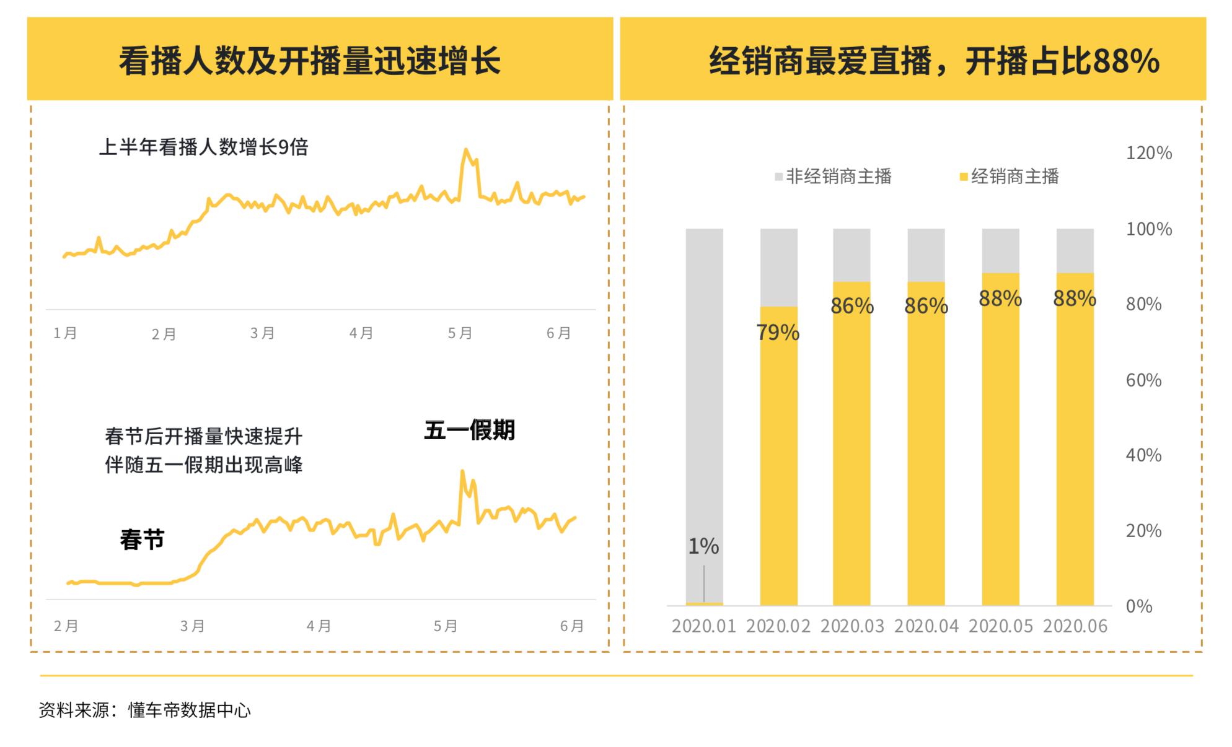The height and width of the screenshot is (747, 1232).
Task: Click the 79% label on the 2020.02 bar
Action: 778,333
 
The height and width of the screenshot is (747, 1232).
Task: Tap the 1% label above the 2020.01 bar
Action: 703,546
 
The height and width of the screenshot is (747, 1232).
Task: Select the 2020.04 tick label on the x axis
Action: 926,626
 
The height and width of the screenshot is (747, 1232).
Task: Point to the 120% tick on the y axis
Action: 1148,153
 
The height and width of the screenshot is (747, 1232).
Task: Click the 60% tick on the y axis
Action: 1143,380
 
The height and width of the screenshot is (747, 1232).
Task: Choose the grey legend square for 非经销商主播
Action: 779,177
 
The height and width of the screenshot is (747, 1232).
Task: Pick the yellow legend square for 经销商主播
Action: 964,177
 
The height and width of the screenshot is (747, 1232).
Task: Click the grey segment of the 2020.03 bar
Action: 851,255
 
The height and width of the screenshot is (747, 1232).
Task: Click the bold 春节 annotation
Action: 142,539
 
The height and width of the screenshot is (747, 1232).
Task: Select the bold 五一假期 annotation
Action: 469,430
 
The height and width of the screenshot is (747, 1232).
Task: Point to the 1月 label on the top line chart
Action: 65,333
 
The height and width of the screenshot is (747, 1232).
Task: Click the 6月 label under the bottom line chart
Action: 571,626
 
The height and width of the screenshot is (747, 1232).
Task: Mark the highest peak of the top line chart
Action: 465,150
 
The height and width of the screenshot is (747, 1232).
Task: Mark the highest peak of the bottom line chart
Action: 462,472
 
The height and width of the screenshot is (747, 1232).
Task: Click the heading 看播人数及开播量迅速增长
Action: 309,61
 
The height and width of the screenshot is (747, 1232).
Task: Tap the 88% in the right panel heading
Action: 1127,61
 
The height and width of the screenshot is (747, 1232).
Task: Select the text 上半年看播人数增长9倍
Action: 203,147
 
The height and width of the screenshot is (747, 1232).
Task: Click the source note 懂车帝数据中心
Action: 189,710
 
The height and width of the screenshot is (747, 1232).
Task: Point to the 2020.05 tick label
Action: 1000,626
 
